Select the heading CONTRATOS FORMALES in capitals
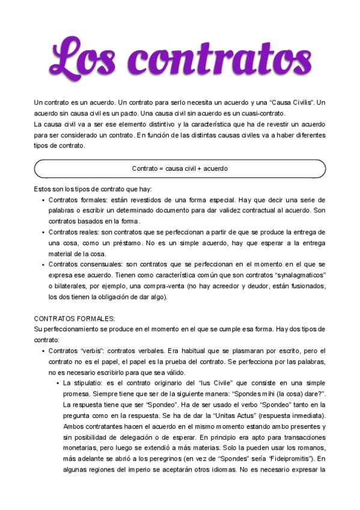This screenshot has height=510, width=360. click(75, 319)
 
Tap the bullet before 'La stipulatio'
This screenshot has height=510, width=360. click(58, 382)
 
